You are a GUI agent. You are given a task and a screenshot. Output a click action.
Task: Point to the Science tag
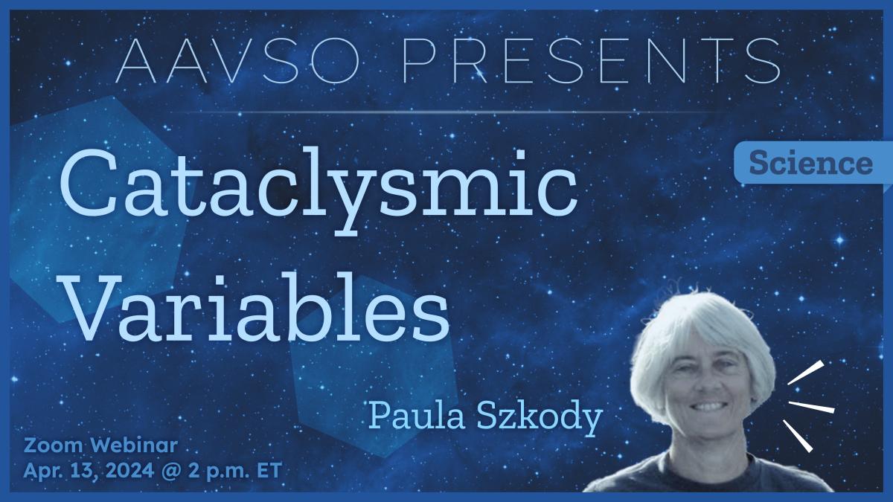810,163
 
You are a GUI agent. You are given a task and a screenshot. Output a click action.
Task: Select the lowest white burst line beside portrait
797,436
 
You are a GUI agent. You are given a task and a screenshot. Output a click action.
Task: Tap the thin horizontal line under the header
446,112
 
